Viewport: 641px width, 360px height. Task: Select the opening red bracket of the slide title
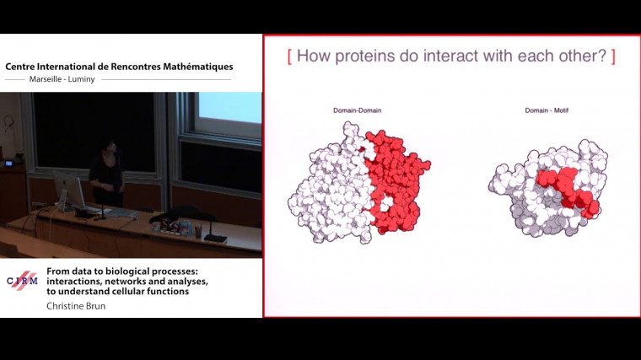(x=289, y=56)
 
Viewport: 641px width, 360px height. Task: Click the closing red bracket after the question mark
(x=613, y=56)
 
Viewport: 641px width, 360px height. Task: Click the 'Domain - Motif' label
(x=547, y=110)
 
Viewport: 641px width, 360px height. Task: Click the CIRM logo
(x=22, y=281)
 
